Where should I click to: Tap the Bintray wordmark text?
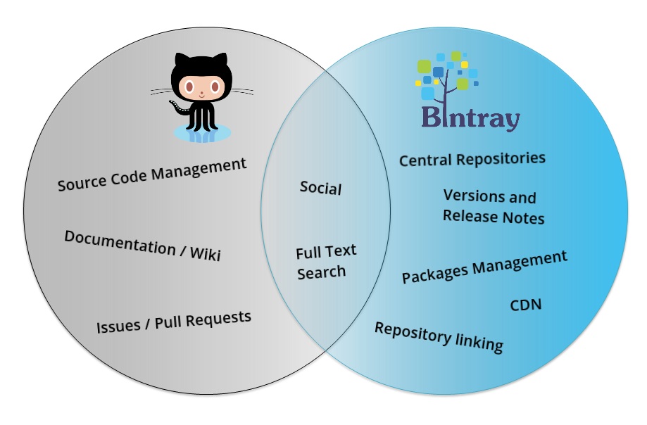(470, 117)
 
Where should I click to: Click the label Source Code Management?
(152, 175)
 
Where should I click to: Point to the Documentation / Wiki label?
(142, 246)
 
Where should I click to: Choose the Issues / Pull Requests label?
(173, 322)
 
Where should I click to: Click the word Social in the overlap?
(320, 188)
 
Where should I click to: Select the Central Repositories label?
(472, 159)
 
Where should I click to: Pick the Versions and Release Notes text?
(493, 207)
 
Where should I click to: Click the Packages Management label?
(484, 267)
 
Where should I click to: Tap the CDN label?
(525, 305)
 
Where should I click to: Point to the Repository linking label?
(438, 336)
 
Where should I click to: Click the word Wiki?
(205, 253)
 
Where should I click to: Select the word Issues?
(118, 327)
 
